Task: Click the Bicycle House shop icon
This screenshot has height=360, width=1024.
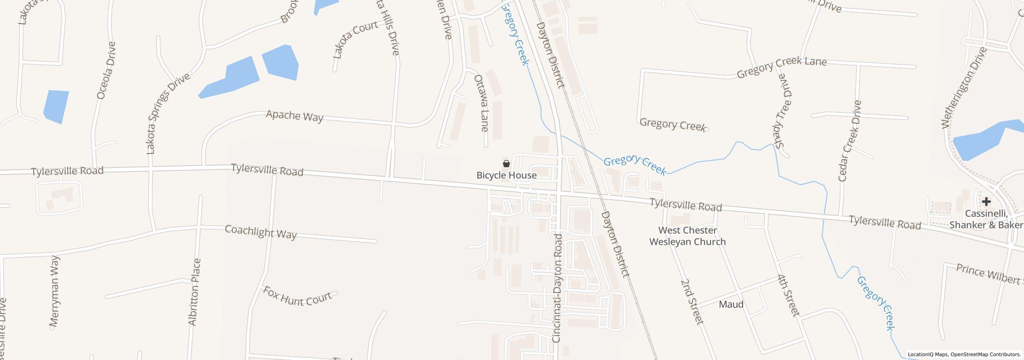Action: tap(506, 164)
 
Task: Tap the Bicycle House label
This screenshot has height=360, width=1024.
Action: tap(506, 175)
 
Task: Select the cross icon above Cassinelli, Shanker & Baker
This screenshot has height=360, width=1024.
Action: tap(986, 201)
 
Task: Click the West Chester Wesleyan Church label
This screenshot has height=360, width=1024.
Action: tap(687, 236)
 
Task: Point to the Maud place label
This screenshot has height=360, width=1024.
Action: tap(731, 304)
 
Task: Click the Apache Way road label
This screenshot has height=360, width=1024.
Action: tap(294, 116)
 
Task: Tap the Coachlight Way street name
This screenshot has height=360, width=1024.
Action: tap(261, 232)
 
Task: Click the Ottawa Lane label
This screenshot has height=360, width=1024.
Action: tap(481, 103)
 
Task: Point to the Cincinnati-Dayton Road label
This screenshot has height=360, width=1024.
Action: tap(557, 288)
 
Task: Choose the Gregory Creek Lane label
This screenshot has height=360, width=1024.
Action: tap(781, 67)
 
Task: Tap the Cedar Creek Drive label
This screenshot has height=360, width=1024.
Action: tap(850, 141)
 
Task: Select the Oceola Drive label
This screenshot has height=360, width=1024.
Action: tap(106, 70)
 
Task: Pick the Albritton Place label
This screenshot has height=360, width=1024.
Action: tap(194, 292)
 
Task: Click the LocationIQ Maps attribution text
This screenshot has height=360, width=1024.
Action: tap(964, 354)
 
